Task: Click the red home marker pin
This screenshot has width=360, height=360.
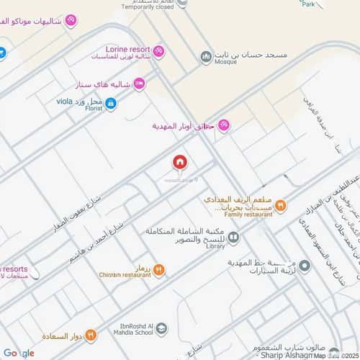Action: pyautogui.click(x=179, y=163)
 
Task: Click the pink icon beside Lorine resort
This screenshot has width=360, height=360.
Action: pyautogui.click(x=158, y=52)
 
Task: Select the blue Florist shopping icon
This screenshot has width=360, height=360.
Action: pyautogui.click(x=111, y=104)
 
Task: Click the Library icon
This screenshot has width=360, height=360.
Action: pyautogui.click(x=233, y=235)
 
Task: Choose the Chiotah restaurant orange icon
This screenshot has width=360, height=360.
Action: pyautogui.click(x=158, y=270)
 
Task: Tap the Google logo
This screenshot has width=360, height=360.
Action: pyautogui.click(x=18, y=353)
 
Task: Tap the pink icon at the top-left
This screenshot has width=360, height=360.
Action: pyautogui.click(x=71, y=19)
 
